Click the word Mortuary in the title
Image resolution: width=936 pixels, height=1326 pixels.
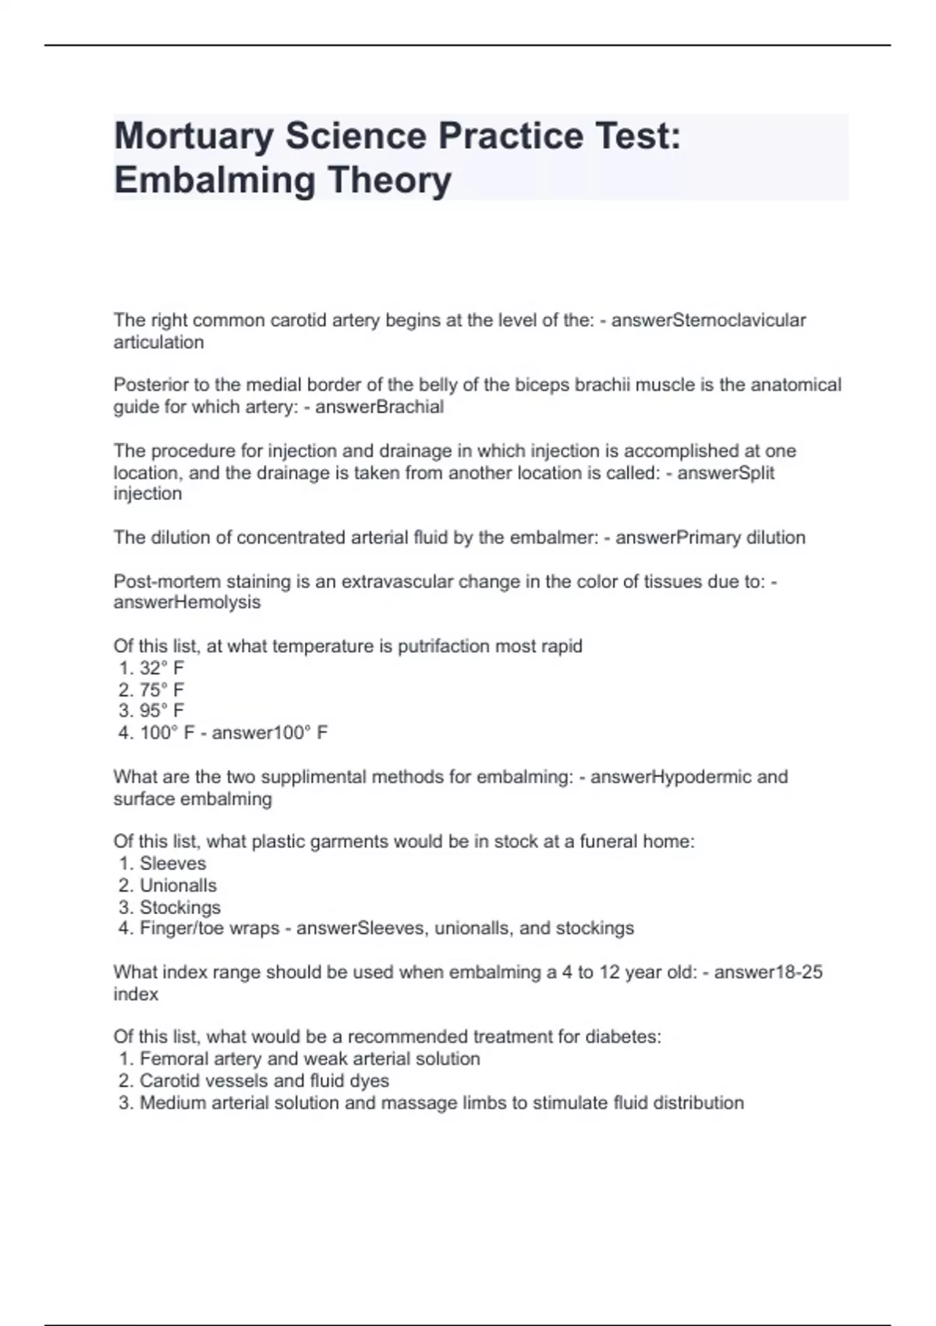point(193,136)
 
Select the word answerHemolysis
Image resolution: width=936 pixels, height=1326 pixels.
point(187,603)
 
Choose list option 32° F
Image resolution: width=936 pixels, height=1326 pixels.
point(161,668)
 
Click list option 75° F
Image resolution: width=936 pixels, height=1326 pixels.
point(161,690)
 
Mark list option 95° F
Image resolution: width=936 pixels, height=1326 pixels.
point(161,711)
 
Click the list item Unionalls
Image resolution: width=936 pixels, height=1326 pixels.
point(178,886)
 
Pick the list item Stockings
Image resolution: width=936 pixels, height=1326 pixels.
point(180,908)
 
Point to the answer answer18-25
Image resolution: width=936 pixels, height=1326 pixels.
point(768,973)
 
